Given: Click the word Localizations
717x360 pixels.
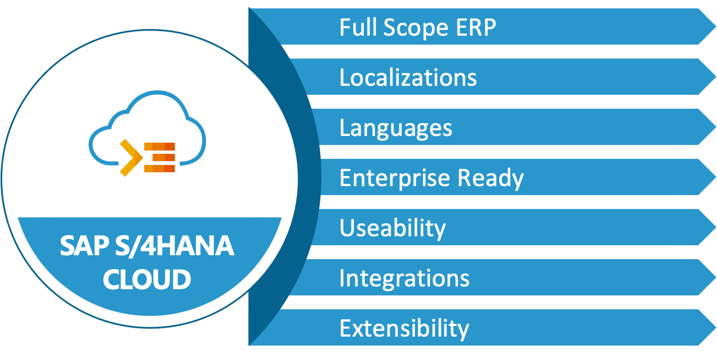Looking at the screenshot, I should pyautogui.click(x=408, y=77).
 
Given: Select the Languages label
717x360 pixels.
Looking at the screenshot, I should pyautogui.click(x=396, y=128).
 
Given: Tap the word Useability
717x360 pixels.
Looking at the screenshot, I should pyautogui.click(x=392, y=228).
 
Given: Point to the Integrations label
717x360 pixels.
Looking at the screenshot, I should pyautogui.click(x=404, y=278).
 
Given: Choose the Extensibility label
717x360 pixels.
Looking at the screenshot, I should pyautogui.click(x=404, y=328).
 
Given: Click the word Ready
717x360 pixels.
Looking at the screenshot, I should pyautogui.click(x=491, y=178).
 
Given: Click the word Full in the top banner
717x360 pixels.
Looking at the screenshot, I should pyautogui.click(x=355, y=27).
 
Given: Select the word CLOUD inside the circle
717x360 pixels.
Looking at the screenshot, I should pyautogui.click(x=147, y=279).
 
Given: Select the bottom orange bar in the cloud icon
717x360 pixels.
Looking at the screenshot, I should pyautogui.click(x=159, y=168).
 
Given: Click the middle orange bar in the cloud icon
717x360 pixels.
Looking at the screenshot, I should pyautogui.click(x=159, y=158).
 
